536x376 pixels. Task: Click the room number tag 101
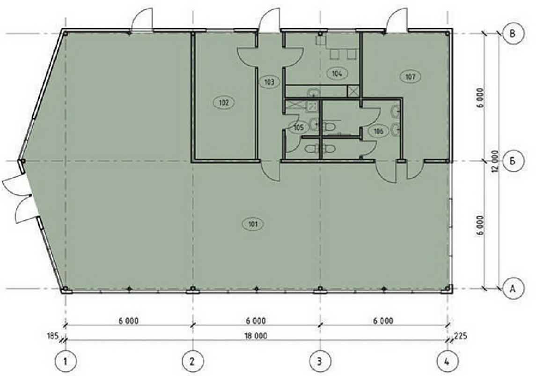(x=253, y=224)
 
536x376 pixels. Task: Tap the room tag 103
(x=270, y=82)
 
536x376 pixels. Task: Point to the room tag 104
(x=337, y=73)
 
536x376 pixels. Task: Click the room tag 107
(x=410, y=77)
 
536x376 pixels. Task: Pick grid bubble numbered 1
(x=65, y=361)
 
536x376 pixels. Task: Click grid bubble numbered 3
(x=320, y=361)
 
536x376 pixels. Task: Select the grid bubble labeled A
(x=513, y=289)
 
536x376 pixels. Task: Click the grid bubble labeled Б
(x=513, y=161)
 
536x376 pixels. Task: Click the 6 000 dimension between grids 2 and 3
(x=256, y=321)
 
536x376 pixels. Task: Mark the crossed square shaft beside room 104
(x=353, y=91)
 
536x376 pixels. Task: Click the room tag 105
(x=298, y=128)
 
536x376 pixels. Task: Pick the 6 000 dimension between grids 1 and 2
(x=129, y=321)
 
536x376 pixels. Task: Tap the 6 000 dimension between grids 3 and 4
(x=383, y=321)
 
